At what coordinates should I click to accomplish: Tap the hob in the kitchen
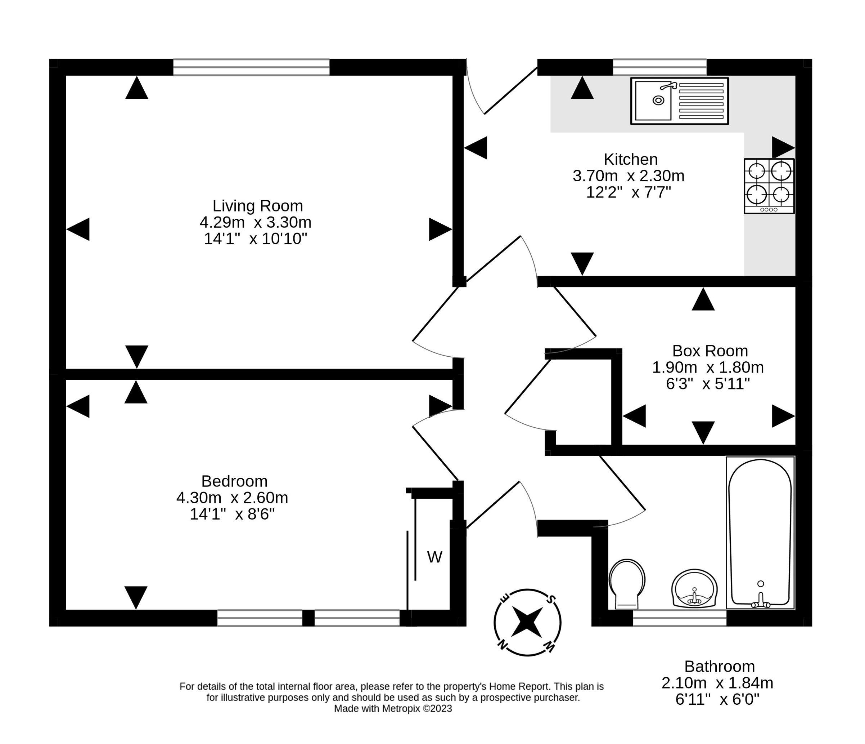pyautogui.click(x=769, y=186)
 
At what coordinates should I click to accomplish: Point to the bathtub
pyautogui.click(x=760, y=533)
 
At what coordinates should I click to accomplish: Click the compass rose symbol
pyautogui.click(x=527, y=623)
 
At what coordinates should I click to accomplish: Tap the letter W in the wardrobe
pyautogui.click(x=434, y=557)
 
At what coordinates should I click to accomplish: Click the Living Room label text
pyautogui.click(x=258, y=206)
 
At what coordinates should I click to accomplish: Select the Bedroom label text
pyautogui.click(x=234, y=481)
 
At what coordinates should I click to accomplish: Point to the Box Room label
pyautogui.click(x=710, y=351)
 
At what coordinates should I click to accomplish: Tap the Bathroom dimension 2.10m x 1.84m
pyautogui.click(x=717, y=683)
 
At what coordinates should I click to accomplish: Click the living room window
pyautogui.click(x=251, y=67)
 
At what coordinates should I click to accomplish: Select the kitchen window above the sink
pyautogui.click(x=659, y=67)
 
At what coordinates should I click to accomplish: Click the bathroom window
pyautogui.click(x=680, y=618)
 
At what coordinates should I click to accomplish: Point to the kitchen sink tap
pyautogui.click(x=669, y=86)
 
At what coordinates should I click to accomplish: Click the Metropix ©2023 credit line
pyautogui.click(x=393, y=708)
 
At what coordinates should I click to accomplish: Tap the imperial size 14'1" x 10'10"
pyautogui.click(x=256, y=239)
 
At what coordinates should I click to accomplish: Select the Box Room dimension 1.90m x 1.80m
pyautogui.click(x=708, y=367)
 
